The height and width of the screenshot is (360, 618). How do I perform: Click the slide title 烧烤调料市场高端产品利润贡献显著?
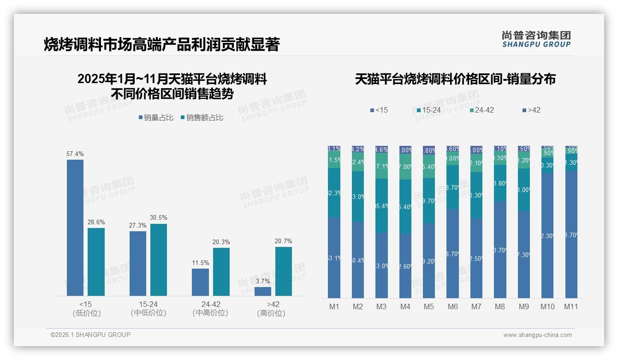pos(161,44)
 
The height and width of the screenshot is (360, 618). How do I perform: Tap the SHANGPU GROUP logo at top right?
pos(536,39)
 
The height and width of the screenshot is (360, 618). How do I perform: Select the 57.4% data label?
pos(75,154)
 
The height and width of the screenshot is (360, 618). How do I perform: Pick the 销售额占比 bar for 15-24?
pos(159,259)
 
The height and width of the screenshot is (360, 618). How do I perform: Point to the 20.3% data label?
pos(221,242)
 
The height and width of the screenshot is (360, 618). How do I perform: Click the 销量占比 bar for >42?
pos(263,291)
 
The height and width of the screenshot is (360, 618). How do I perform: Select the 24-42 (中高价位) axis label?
pos(210,308)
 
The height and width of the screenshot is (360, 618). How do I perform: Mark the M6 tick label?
pos(452,306)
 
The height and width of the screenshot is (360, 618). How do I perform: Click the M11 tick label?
pos(571,306)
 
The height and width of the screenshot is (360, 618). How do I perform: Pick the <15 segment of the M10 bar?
pos(547,235)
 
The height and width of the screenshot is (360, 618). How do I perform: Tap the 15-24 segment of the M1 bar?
pos(334,193)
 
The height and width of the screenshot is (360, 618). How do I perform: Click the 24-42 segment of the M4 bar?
pos(405,167)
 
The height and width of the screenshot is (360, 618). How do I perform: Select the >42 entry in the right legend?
pos(534,110)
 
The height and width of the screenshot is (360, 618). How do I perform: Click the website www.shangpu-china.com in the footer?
pos(537,335)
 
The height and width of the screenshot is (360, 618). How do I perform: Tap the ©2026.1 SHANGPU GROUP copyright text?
pos(90,335)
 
